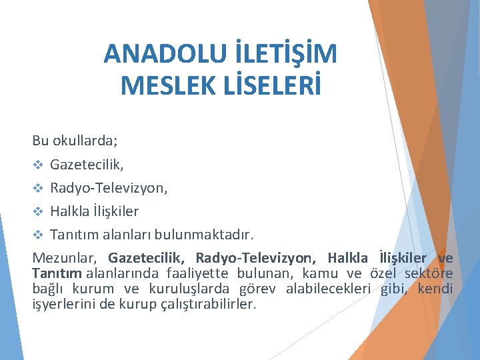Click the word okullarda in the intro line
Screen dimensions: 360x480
point(83,141)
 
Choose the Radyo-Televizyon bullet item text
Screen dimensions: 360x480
point(109,189)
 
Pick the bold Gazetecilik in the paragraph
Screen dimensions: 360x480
point(148,258)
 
